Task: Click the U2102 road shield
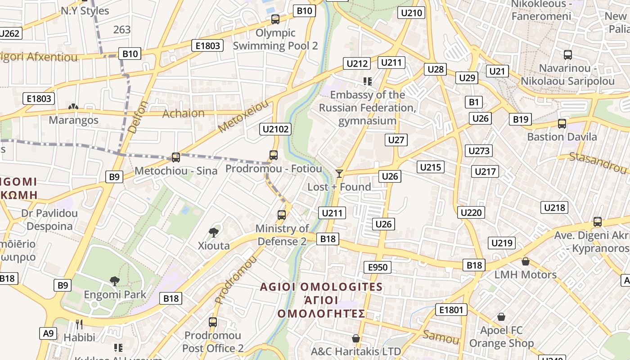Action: [276, 129]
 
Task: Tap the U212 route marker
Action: [357, 63]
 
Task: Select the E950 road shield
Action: [378, 267]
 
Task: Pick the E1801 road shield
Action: [451, 310]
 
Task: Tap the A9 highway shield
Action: [48, 333]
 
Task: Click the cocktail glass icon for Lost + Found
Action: [339, 174]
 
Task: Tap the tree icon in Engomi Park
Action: [115, 281]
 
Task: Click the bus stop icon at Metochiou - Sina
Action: [176, 157]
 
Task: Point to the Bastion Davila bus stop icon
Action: [562, 124]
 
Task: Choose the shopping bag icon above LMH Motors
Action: [525, 261]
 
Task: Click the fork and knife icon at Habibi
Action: [79, 324]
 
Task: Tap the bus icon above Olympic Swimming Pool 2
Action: [275, 19]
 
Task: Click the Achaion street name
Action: [183, 113]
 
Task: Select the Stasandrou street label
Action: [598, 162]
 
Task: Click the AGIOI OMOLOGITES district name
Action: [321, 287]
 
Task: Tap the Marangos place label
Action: [73, 120]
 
